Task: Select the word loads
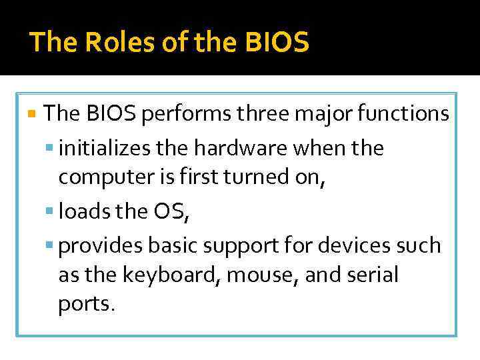84,212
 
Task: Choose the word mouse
270,275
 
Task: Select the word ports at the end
86,305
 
